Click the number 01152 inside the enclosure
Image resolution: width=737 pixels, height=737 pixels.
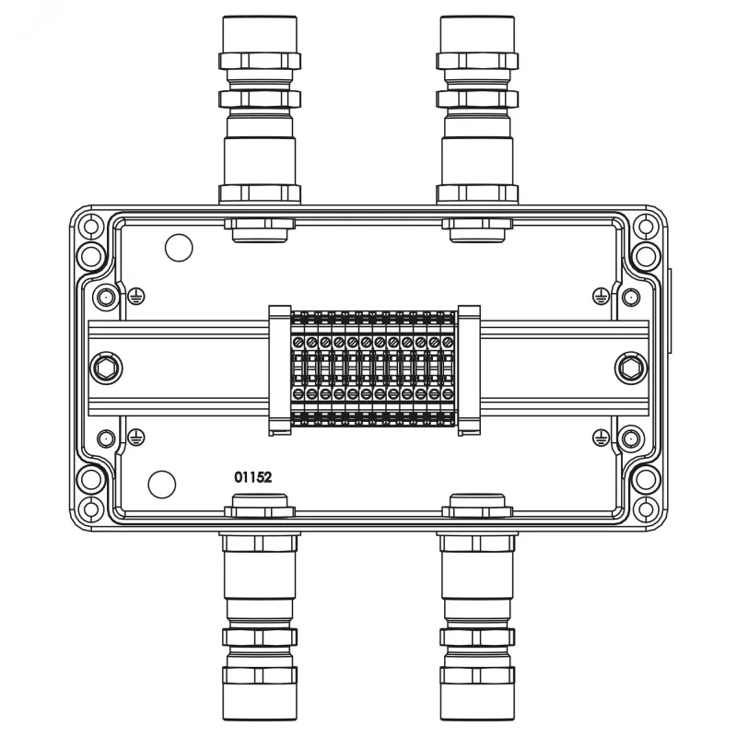252,477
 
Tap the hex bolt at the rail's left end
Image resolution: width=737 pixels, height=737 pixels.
106,368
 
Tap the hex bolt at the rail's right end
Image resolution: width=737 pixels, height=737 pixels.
631,368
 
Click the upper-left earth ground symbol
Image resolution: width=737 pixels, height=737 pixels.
135,296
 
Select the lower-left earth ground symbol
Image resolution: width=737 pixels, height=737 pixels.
135,438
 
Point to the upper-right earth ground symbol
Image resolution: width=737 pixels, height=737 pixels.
601,296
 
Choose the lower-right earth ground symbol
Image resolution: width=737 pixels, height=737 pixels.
601,438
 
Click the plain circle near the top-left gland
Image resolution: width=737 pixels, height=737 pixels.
179,248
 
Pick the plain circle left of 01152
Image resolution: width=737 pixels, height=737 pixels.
162,485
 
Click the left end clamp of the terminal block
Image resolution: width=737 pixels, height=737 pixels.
280,370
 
